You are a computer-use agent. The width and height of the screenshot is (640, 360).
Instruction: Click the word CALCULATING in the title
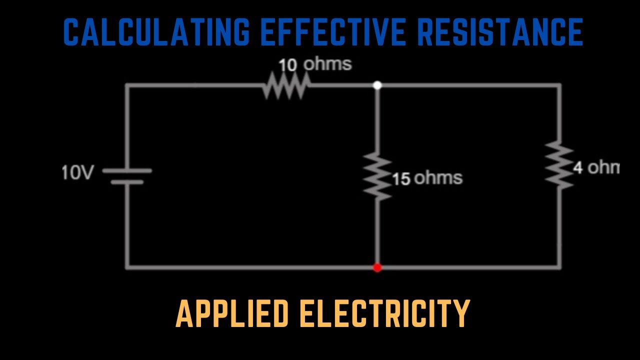click(156, 33)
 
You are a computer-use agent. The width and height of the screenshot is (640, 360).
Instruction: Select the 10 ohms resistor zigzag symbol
click(285, 85)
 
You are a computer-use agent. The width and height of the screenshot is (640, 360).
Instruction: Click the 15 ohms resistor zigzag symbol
click(377, 177)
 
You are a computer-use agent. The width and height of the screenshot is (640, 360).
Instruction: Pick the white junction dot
click(377, 85)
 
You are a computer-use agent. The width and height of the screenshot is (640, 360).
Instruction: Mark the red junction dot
click(377, 267)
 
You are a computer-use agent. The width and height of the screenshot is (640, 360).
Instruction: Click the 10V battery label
click(77, 173)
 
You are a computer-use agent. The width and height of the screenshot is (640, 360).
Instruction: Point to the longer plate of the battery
click(127, 170)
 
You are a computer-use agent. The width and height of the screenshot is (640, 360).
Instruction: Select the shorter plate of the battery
click(127, 181)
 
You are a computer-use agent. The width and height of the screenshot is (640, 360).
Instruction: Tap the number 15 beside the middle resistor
click(401, 179)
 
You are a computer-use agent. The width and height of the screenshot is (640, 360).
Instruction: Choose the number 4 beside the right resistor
click(578, 167)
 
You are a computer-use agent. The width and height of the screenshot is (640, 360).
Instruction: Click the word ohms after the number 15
click(438, 178)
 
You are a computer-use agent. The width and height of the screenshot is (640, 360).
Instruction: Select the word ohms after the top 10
click(327, 64)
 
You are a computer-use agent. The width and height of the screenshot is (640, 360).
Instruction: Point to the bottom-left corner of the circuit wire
click(127, 267)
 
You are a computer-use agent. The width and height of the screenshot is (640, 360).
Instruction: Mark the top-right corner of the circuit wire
click(559, 85)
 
